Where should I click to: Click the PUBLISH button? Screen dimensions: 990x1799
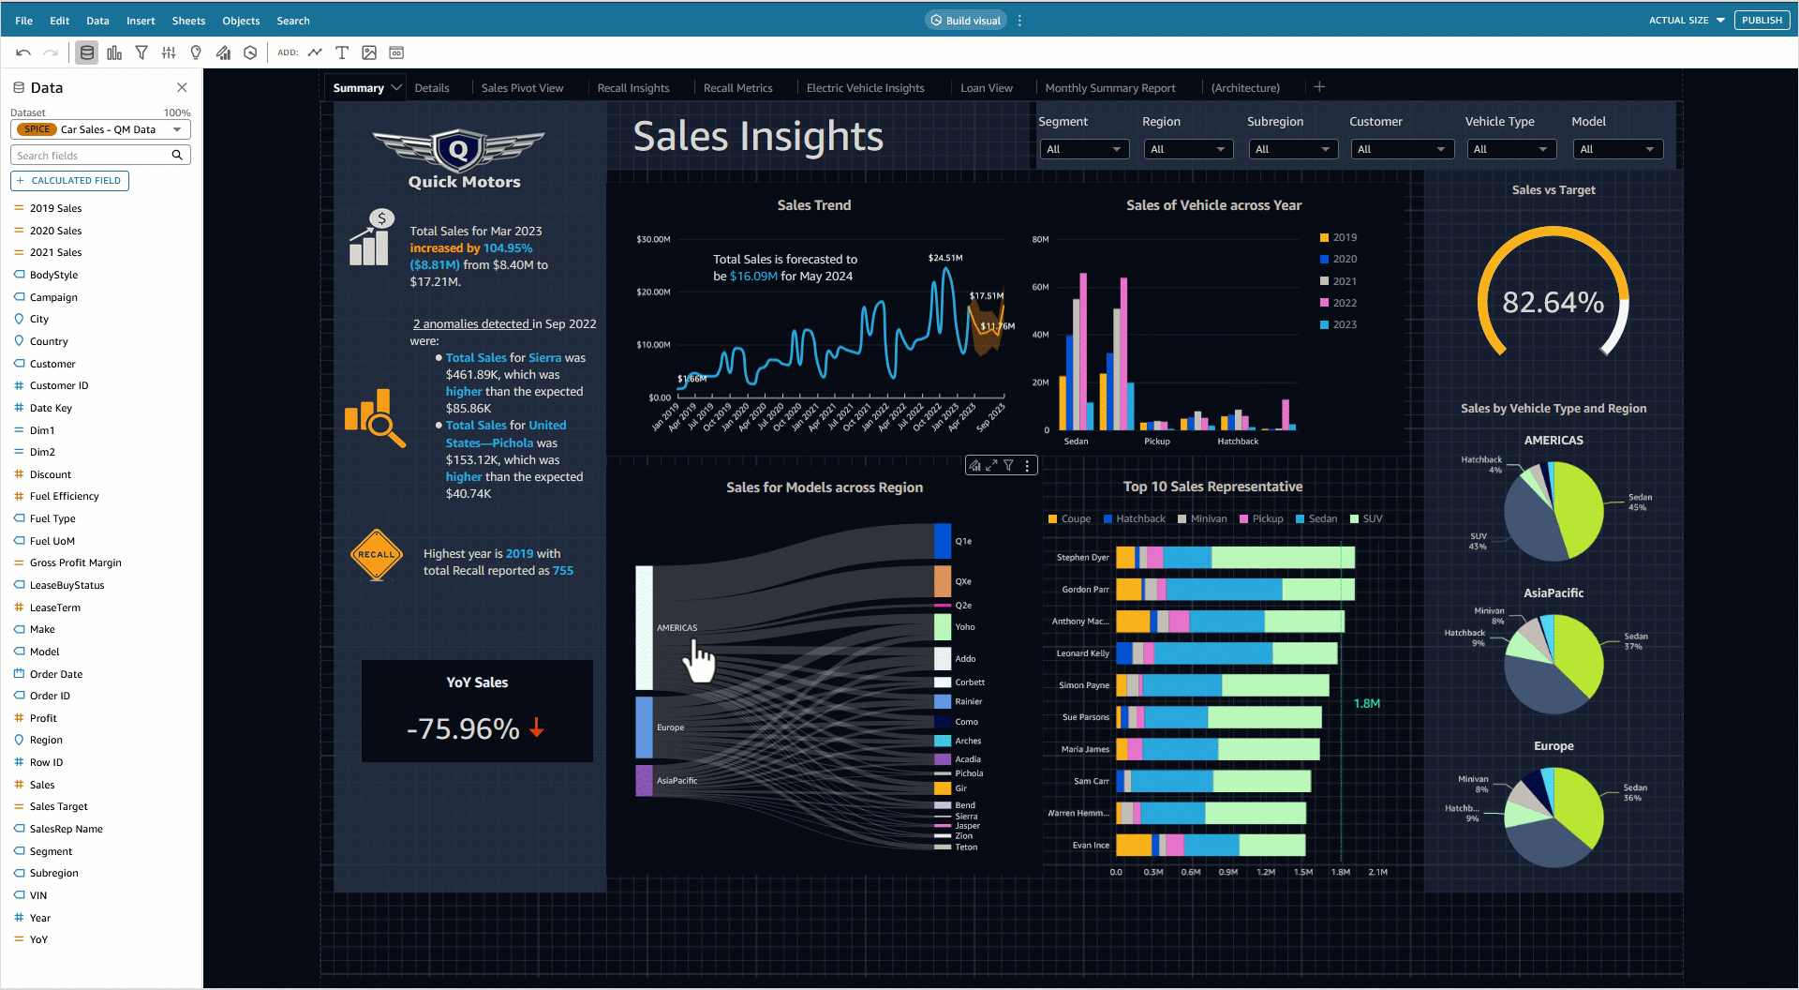(x=1762, y=21)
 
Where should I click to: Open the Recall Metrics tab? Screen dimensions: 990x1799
(x=737, y=88)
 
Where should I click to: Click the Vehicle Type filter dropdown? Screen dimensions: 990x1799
(x=1510, y=149)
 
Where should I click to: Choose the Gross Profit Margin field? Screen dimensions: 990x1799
(x=75, y=563)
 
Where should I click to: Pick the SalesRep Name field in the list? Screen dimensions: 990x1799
(x=66, y=830)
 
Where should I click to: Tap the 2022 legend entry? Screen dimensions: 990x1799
(x=1344, y=303)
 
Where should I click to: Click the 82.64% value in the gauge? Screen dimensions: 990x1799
(x=1553, y=303)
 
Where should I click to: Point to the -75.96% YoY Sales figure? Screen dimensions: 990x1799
(x=464, y=728)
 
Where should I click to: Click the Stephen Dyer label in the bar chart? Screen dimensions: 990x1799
(x=1082, y=558)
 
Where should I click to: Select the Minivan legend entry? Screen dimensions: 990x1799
(x=1208, y=519)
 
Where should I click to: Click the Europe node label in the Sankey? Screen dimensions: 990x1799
(x=670, y=727)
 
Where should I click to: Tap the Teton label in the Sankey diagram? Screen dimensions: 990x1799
(x=966, y=847)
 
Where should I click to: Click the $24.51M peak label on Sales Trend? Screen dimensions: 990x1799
(x=944, y=258)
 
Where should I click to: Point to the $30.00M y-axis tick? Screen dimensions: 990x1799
(x=653, y=240)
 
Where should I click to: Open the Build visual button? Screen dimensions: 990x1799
(x=966, y=21)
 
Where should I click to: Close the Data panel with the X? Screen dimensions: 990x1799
(x=182, y=87)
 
